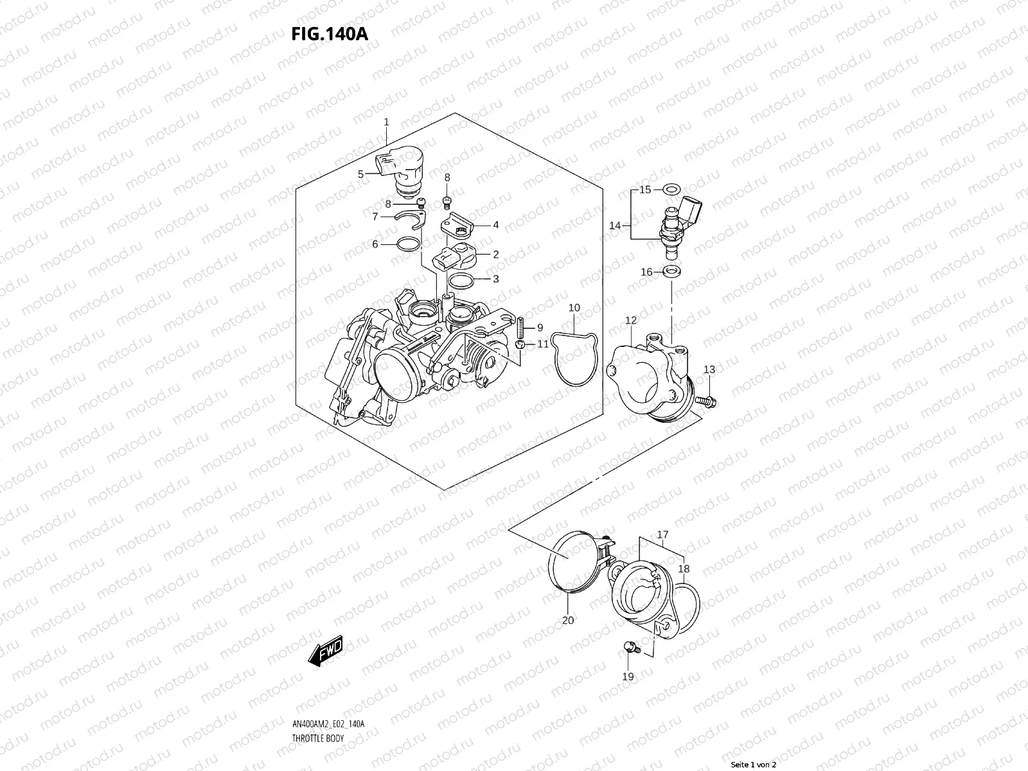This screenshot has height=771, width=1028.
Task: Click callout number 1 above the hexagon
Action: [386, 122]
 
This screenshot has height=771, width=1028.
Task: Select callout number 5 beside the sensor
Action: [360, 174]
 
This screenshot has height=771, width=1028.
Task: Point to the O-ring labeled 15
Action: [672, 190]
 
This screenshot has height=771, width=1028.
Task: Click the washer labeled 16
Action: [672, 272]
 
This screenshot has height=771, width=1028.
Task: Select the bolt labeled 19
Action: [630, 650]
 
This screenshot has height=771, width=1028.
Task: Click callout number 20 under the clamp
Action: [568, 621]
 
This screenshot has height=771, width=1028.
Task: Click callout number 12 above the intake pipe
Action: [630, 320]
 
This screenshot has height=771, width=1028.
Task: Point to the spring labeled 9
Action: [521, 328]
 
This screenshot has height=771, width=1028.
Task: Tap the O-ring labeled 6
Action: [407, 244]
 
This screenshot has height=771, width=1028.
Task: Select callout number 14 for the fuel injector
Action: [615, 226]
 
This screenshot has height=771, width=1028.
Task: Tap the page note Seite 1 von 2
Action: [754, 765]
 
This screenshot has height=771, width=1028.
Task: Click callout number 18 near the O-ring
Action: [684, 569]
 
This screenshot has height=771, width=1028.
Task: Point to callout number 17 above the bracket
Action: [662, 535]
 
